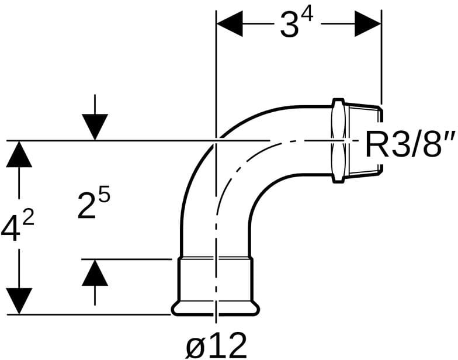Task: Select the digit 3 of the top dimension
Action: (289, 27)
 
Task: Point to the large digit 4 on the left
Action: (11, 230)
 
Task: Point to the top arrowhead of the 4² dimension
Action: (20, 154)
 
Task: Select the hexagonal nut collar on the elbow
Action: (338, 140)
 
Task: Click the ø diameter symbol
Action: (196, 347)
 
